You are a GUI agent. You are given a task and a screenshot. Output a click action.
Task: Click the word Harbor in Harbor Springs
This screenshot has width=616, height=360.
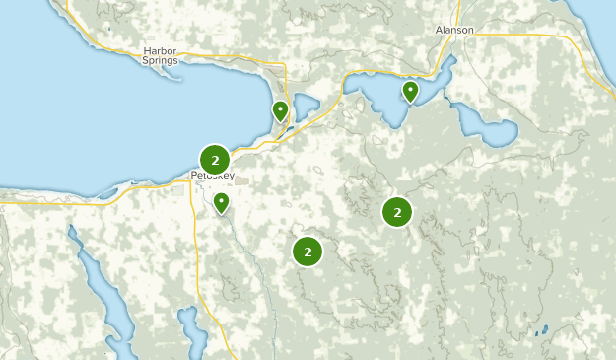pos(159,50)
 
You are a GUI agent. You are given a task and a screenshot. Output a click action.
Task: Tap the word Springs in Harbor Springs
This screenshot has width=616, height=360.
pos(159,60)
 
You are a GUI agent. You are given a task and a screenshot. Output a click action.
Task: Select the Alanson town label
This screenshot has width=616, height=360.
pos(454,30)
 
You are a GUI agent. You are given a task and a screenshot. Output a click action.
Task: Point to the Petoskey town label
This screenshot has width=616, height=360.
pos(213,176)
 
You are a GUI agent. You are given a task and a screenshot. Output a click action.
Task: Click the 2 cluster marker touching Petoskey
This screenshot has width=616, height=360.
pos(215,159)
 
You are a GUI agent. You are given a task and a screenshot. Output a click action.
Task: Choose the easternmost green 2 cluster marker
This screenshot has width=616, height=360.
pos(397,211)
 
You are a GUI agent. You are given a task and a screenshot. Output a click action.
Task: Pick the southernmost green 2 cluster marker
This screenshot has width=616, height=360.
pos(308,252)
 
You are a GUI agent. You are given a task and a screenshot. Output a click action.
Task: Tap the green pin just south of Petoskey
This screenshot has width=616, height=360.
pos(222,203)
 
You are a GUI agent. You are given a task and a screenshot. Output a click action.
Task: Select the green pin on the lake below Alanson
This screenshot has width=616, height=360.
pos(410,92)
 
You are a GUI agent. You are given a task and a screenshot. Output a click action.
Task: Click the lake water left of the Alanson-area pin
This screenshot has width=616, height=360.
pos(379,95)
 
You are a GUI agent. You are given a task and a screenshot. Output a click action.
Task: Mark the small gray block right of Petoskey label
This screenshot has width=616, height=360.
pos(242,181)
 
